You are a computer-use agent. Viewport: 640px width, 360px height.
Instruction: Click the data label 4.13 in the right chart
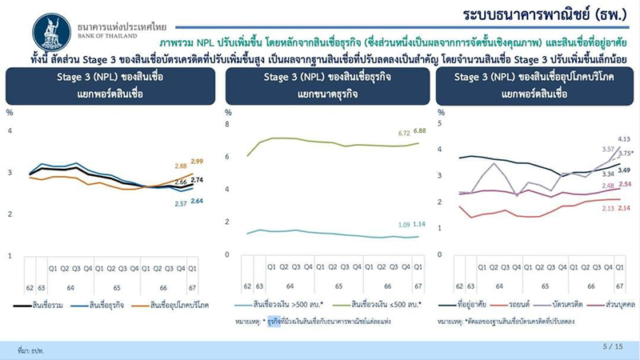click(x=626, y=139)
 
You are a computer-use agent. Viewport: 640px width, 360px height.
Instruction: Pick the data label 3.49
click(x=626, y=170)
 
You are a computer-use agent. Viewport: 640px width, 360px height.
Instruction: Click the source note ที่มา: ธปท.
click(x=29, y=350)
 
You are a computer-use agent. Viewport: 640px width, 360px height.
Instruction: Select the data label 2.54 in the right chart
click(x=626, y=186)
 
